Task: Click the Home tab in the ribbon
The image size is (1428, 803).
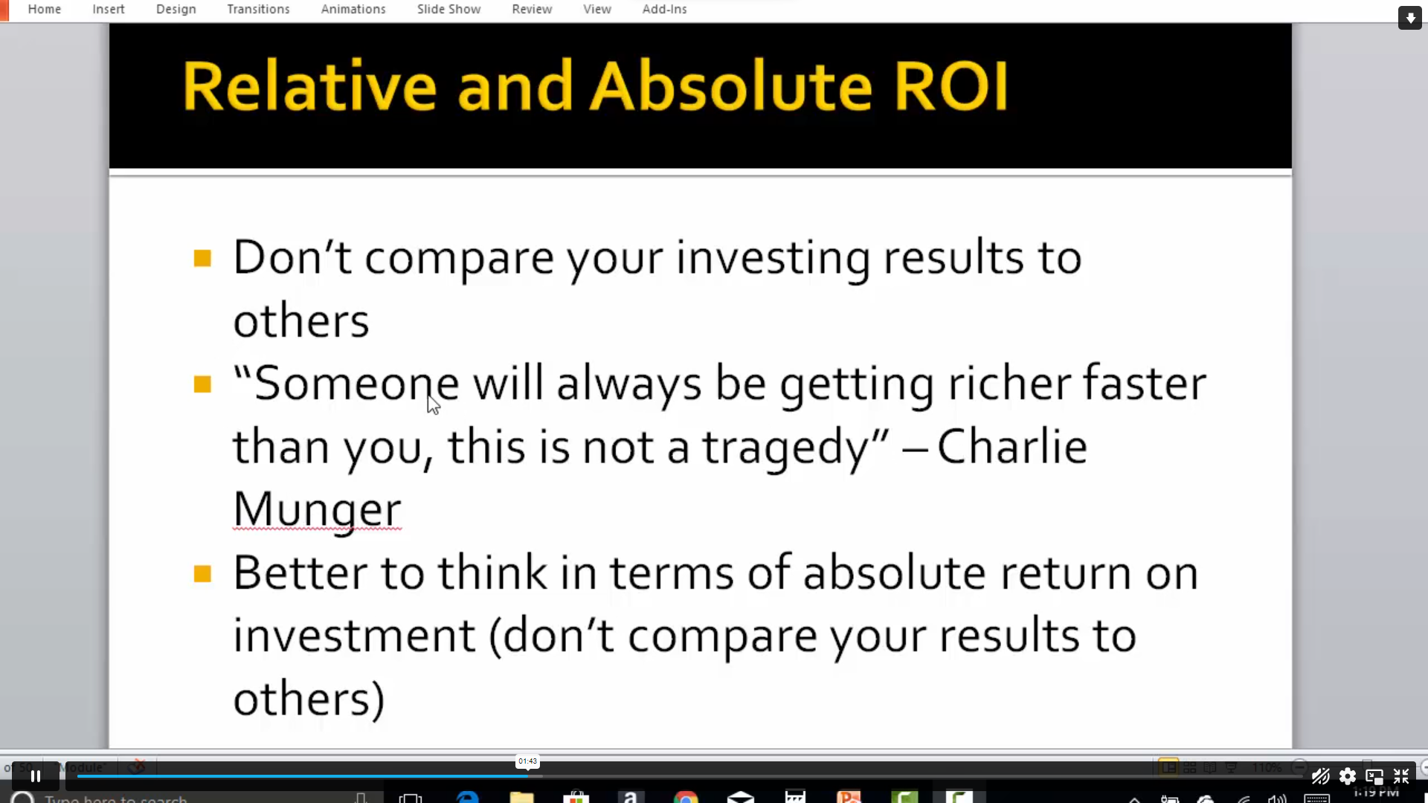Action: (45, 10)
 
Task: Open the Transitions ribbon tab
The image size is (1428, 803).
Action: (258, 10)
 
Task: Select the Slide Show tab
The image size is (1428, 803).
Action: (448, 10)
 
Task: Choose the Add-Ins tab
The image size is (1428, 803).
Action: (664, 10)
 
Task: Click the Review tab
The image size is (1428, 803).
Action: (532, 10)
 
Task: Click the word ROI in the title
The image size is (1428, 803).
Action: (951, 86)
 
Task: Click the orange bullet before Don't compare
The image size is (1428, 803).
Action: (202, 258)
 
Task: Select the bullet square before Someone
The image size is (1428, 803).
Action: (202, 384)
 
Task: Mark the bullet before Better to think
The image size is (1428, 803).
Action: (202, 573)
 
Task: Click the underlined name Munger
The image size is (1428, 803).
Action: (317, 510)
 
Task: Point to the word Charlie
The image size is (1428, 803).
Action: (1011, 447)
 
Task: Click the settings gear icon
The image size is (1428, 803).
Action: (1347, 777)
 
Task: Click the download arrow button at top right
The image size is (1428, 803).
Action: (1409, 18)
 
